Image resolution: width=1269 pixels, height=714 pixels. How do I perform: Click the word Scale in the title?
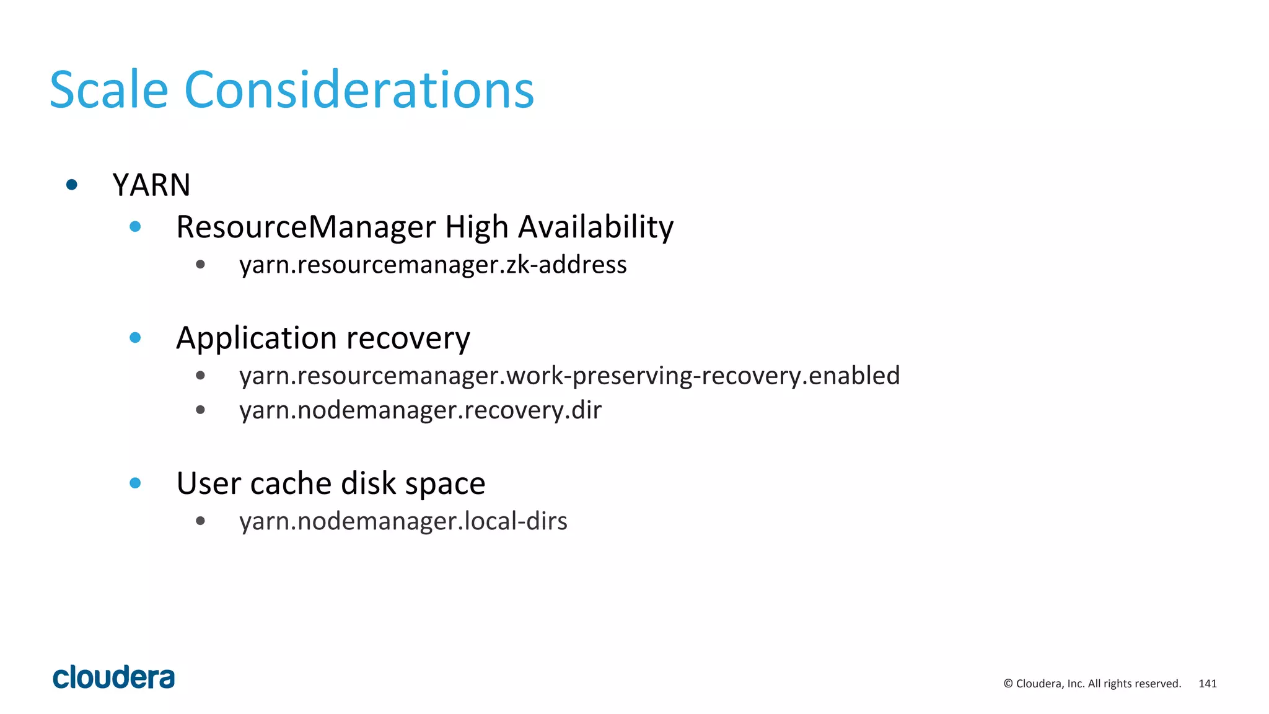click(108, 90)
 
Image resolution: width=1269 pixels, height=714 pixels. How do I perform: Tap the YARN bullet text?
click(151, 185)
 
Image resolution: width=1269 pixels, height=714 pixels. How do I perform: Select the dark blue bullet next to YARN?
click(72, 185)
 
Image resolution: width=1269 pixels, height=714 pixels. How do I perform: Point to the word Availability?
click(595, 227)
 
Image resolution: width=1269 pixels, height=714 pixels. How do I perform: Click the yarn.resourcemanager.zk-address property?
click(433, 265)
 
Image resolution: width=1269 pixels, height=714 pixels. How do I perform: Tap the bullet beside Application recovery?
click(135, 338)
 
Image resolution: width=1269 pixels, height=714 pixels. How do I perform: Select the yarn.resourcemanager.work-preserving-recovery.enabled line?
click(569, 376)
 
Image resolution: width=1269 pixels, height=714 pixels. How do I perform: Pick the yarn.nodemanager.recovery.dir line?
click(420, 410)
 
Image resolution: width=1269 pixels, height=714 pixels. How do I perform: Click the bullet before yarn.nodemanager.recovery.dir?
click(200, 410)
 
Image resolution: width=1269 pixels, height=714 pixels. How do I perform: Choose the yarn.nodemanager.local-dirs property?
click(403, 521)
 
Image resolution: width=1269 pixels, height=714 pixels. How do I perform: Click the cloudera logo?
click(113, 677)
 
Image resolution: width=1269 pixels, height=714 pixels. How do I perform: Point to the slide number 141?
click(1207, 684)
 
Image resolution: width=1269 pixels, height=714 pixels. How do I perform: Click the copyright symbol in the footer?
click(1008, 684)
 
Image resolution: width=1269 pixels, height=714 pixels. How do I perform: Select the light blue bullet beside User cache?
click(135, 483)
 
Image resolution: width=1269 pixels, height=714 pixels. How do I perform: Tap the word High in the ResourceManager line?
click(476, 227)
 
